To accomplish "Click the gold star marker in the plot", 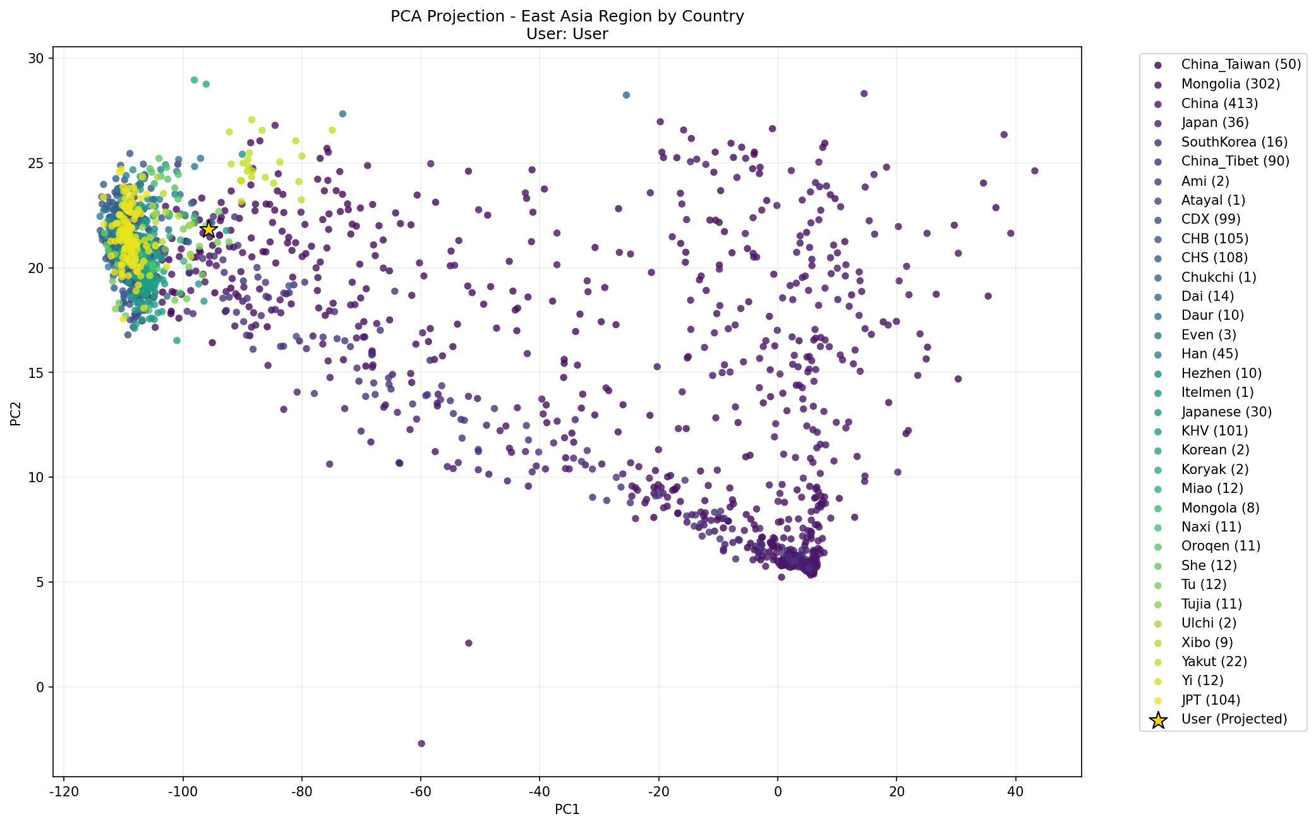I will click(208, 229).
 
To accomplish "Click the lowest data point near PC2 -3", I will click(421, 743).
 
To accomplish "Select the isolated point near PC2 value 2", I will click(468, 643).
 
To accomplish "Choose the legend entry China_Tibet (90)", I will click(1235, 161).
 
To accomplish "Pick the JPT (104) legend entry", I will click(1210, 700).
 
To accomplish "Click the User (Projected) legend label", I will click(1234, 719).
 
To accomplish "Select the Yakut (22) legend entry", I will click(1214, 661).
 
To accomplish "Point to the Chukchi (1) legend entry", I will click(1218, 277).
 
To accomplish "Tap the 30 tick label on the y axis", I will click(37, 58).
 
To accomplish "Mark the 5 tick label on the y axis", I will click(40, 582).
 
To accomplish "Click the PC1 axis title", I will click(567, 810).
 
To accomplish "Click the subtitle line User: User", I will click(567, 34).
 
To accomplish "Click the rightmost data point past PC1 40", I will click(1034, 171).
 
